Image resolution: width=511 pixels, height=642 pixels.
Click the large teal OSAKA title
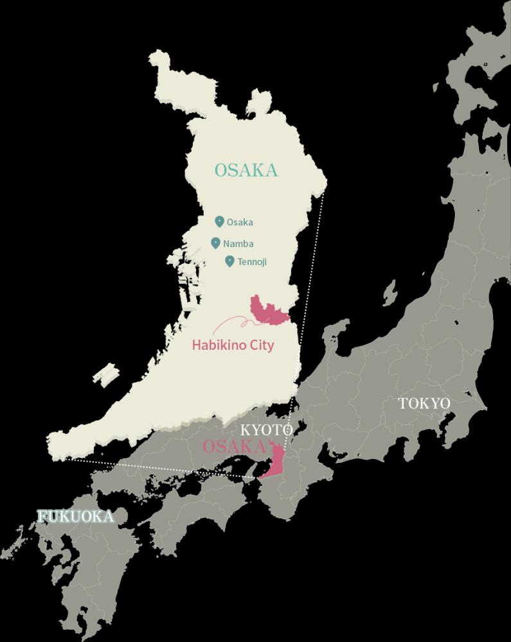tap(246, 171)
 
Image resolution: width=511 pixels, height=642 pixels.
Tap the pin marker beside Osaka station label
tap(219, 221)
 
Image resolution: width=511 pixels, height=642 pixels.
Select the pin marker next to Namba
tap(215, 243)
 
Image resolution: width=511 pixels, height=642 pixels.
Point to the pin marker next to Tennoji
tap(229, 261)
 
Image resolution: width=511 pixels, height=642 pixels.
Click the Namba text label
tap(238, 244)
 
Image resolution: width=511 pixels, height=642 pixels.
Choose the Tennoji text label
tap(251, 262)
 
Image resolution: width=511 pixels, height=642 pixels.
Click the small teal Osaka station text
tap(240, 223)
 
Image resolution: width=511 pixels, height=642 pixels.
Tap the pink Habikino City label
tap(233, 345)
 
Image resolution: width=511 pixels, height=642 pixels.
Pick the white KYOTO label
tap(266, 429)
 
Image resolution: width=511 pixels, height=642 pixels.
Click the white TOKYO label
tap(424, 404)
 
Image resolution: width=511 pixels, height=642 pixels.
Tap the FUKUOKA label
tap(76, 516)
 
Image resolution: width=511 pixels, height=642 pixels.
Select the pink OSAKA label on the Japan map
tap(234, 447)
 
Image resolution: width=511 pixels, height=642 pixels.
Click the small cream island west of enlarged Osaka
tap(105, 374)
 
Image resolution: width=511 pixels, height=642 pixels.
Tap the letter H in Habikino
tap(197, 345)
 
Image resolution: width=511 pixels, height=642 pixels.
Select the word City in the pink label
tap(261, 345)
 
